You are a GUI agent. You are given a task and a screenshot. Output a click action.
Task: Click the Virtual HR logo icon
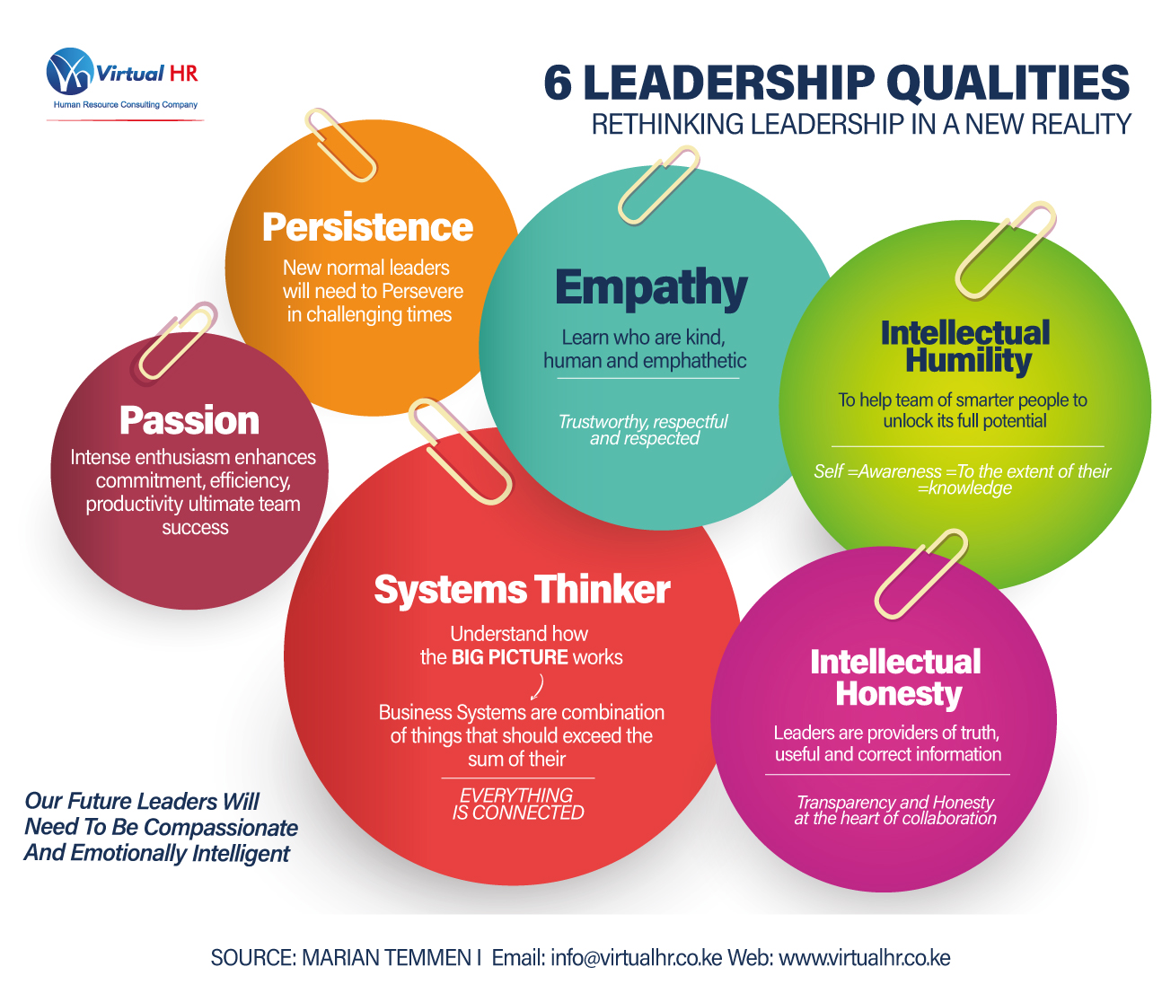click(x=70, y=72)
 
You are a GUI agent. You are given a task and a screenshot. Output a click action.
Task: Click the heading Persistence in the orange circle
click(x=367, y=227)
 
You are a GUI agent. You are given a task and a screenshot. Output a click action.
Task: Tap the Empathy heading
click(x=651, y=288)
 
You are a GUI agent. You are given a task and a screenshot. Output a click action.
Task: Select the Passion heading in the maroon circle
click(x=189, y=420)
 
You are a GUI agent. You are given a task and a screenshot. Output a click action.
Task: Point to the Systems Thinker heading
click(x=522, y=590)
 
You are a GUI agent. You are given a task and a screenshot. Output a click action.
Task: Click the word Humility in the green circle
click(x=968, y=361)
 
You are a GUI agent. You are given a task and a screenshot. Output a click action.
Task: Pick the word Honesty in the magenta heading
click(x=898, y=694)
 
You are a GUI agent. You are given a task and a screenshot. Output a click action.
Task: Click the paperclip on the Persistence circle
click(x=340, y=144)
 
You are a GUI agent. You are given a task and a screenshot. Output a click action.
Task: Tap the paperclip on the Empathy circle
click(x=658, y=185)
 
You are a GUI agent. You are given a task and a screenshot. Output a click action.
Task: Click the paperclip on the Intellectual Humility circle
click(x=1005, y=249)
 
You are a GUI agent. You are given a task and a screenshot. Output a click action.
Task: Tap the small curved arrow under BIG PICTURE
click(x=537, y=687)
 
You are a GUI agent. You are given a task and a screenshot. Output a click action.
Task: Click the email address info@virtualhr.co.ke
click(x=636, y=958)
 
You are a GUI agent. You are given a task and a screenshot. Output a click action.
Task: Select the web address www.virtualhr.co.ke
click(x=864, y=958)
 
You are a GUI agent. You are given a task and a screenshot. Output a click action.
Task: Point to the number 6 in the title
click(x=558, y=83)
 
